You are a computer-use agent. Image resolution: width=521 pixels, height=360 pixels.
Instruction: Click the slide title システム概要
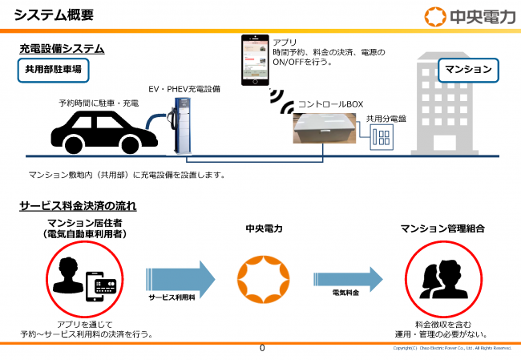(x=53, y=14)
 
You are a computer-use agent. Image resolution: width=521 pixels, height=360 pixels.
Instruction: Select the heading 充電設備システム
(x=62, y=50)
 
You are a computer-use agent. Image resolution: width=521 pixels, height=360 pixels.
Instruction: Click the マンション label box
(x=467, y=70)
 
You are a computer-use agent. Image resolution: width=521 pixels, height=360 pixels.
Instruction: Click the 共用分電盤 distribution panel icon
(x=379, y=138)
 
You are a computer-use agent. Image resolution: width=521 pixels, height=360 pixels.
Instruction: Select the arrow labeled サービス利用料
(x=180, y=277)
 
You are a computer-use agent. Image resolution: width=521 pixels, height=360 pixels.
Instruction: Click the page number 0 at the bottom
(x=262, y=349)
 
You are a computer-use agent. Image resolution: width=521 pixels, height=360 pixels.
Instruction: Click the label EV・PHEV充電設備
(x=184, y=88)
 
